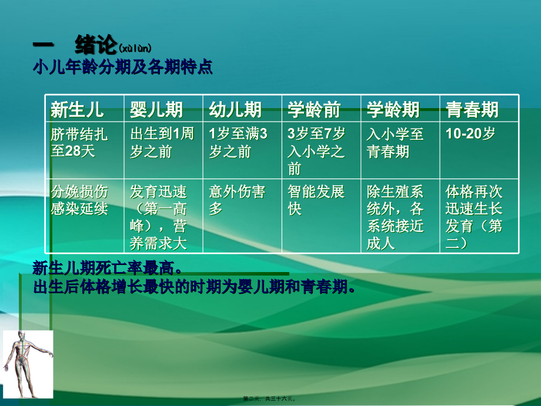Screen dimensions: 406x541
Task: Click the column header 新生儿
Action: [x=78, y=109]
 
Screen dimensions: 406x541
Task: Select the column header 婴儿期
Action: [x=156, y=109]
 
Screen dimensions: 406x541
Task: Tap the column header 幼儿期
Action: [x=235, y=109]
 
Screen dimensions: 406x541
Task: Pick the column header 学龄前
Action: [x=315, y=109]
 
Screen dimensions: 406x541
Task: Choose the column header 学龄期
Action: [x=393, y=109]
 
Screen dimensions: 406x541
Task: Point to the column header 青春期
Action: [x=472, y=109]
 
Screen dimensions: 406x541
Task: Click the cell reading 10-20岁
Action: [x=470, y=134]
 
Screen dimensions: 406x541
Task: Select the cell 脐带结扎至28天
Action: [x=80, y=143]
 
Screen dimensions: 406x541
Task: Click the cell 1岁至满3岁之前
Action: [x=238, y=143]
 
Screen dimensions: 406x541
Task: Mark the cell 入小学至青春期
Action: [x=395, y=143]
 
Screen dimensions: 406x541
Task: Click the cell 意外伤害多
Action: [x=237, y=200]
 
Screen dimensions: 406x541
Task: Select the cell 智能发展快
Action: [x=316, y=200]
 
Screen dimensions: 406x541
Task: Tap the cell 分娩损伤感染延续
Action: [x=80, y=200]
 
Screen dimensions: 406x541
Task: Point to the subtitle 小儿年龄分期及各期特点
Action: [x=122, y=67]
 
